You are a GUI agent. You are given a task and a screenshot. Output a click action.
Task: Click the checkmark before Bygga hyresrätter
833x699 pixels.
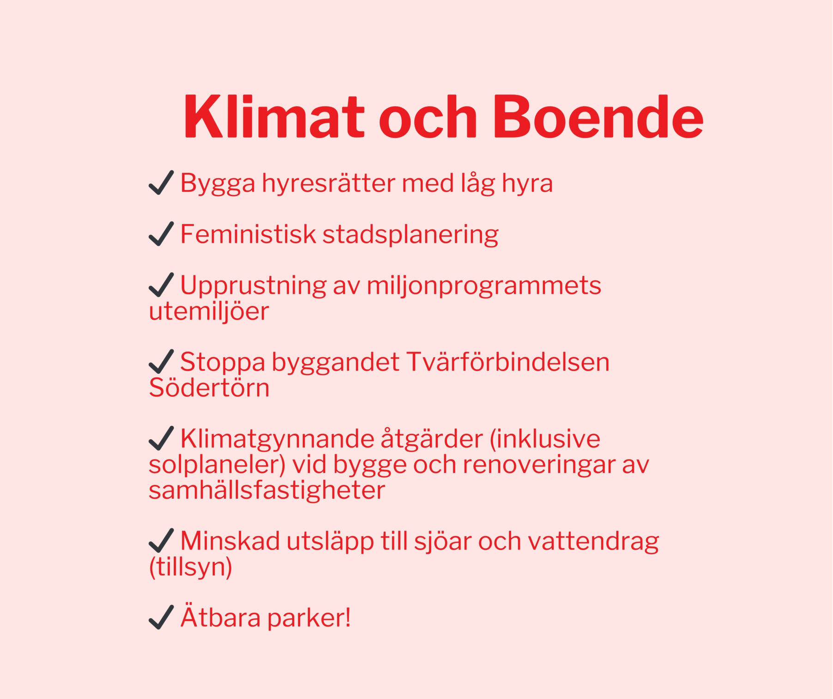(x=161, y=182)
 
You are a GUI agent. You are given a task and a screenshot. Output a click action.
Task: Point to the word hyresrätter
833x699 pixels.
(x=329, y=183)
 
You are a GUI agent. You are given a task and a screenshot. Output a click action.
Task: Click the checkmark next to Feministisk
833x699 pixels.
(x=161, y=233)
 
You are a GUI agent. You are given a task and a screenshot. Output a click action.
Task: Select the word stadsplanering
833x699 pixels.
(x=410, y=234)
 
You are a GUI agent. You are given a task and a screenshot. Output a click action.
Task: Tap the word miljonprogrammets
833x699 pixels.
(x=484, y=286)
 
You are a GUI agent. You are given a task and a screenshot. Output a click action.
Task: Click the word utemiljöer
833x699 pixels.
(x=209, y=311)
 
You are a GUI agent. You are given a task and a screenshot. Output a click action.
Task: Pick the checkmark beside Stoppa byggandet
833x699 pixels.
(x=161, y=361)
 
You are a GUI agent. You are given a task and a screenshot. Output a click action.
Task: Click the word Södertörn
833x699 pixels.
(x=209, y=388)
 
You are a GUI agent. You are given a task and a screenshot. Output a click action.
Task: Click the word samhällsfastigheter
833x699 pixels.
(x=267, y=490)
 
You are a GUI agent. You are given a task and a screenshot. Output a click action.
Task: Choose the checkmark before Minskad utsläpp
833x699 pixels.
(x=161, y=540)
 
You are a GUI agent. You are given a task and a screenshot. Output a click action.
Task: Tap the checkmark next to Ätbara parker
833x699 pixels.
(x=161, y=617)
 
